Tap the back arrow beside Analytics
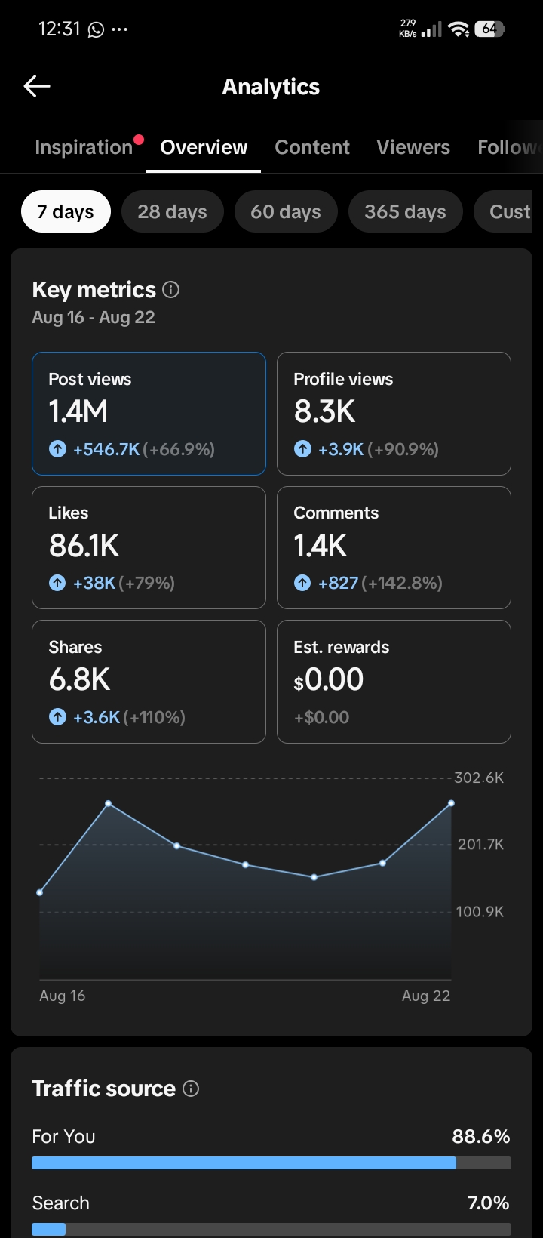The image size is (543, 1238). click(37, 85)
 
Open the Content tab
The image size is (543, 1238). click(312, 147)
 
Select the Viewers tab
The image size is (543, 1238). click(413, 147)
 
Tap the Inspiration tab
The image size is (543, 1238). click(84, 147)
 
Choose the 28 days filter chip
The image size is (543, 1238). click(173, 211)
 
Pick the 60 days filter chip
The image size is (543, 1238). click(286, 211)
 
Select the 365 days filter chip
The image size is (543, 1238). click(405, 211)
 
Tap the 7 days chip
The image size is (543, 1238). click(66, 211)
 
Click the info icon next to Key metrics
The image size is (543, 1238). click(170, 290)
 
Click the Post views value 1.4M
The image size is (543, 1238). click(78, 411)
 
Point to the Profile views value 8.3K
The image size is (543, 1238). click(324, 411)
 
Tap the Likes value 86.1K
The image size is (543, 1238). click(84, 546)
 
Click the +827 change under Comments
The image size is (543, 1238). click(338, 583)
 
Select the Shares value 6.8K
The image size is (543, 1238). click(79, 679)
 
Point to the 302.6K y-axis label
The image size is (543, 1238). click(479, 778)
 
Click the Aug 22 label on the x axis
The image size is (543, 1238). click(426, 996)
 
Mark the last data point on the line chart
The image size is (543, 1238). click(451, 803)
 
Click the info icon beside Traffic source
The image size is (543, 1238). click(191, 1089)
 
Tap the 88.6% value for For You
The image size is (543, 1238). click(480, 1136)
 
